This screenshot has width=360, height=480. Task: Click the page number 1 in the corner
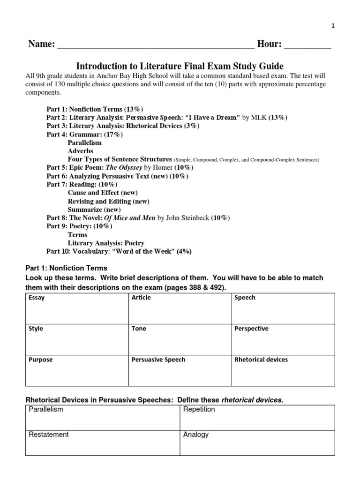click(x=333, y=26)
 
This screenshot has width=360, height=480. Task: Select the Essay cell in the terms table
click(x=75, y=308)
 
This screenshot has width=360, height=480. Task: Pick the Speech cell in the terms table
click(x=283, y=308)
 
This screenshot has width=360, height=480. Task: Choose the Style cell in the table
click(x=75, y=339)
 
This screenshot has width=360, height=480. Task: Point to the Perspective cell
click(x=283, y=339)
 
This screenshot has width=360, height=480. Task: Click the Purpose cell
click(x=75, y=370)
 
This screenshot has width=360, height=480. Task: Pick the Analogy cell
click(x=257, y=443)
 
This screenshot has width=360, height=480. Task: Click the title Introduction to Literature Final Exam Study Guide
click(x=180, y=66)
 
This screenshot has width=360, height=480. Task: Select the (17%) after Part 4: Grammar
click(x=114, y=135)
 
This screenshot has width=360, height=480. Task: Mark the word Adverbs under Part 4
click(x=81, y=151)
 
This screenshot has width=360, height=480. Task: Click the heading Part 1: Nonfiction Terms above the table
click(x=66, y=269)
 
